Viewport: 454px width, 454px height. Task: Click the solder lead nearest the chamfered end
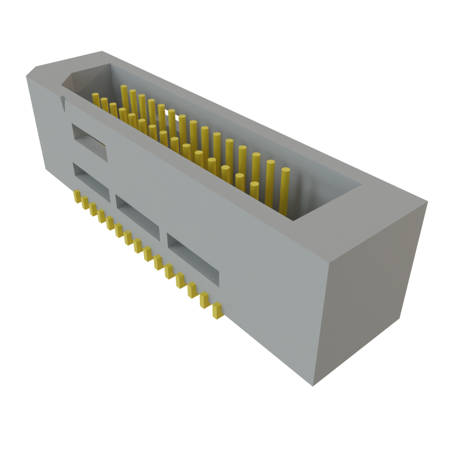coord(77,196)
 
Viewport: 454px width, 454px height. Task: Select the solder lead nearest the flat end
coord(217,310)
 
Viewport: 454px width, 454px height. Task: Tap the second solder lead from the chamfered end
coord(85,202)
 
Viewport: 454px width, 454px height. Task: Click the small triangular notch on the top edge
coord(63,104)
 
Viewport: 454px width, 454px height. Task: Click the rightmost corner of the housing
coord(428,204)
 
